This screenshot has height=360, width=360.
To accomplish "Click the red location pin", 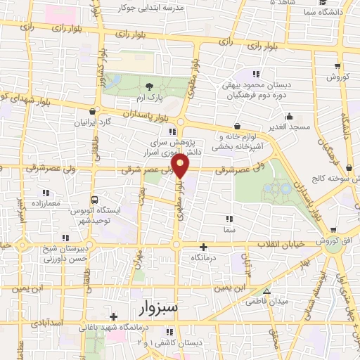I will (181, 165).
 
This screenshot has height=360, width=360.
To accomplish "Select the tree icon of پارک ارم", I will (148, 85).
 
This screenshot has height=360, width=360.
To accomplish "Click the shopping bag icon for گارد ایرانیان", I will (92, 111).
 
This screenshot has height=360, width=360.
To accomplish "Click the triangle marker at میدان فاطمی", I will (266, 292).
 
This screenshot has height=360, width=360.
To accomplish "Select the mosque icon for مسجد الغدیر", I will (288, 117).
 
